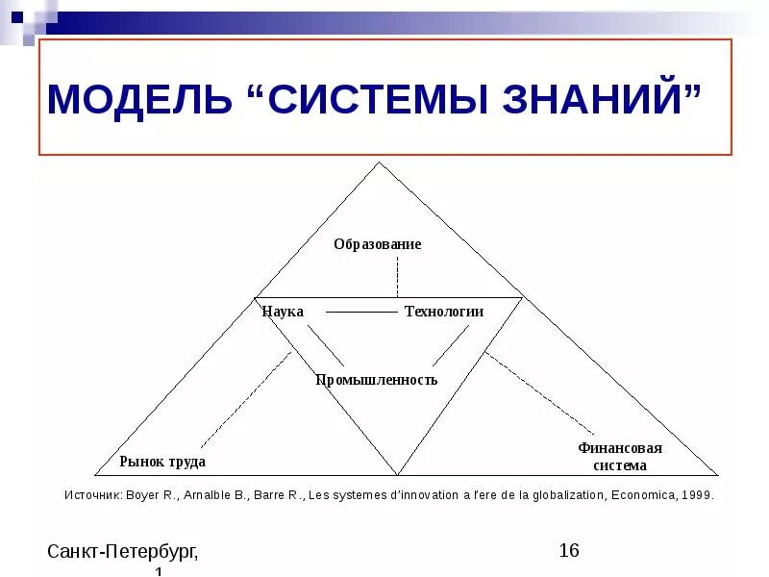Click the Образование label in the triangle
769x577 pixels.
pos(378,244)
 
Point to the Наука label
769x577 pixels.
pos(283,312)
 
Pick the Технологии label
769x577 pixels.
pos(443,312)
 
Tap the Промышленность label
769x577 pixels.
pos(377,380)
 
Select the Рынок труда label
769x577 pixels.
pos(162,462)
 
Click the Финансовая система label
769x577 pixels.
pos(620,457)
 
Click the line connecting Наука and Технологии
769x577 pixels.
pos(360,312)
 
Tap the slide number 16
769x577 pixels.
pos(569,550)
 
